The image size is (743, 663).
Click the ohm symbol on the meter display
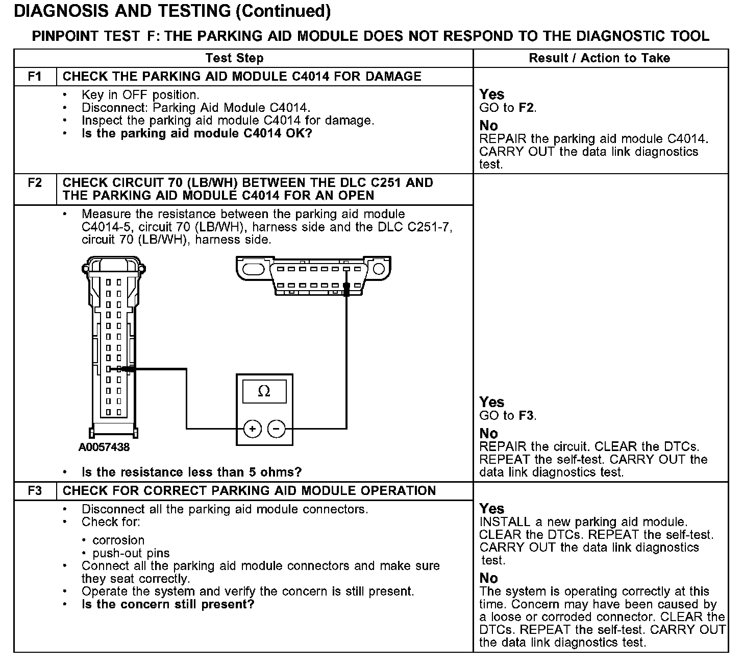click(264, 391)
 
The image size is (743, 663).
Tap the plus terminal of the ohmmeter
click(252, 429)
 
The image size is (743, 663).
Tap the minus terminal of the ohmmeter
click(277, 429)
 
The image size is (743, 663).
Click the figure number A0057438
click(104, 447)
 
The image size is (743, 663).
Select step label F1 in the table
click(35, 77)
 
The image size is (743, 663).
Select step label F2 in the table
click(35, 183)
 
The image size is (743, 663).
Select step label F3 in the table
click(35, 491)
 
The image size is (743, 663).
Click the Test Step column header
click(234, 58)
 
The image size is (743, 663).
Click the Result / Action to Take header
click(599, 58)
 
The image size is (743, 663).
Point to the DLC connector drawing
click(313, 276)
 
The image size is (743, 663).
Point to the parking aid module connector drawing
click(114, 347)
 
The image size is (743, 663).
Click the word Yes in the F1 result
click(491, 94)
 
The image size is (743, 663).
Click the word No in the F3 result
click(488, 578)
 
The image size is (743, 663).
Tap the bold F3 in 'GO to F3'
click(526, 416)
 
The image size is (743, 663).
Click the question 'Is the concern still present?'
click(168, 605)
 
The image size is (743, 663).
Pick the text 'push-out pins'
click(131, 553)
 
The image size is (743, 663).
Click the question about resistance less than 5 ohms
click(191, 472)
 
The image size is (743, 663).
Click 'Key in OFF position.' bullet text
click(140, 95)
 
